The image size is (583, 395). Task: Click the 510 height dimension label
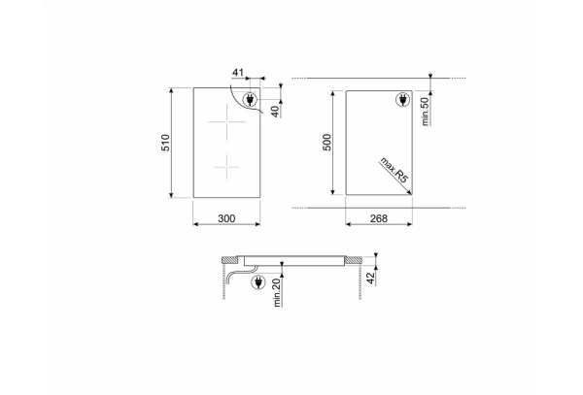click(165, 143)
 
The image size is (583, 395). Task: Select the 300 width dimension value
click(226, 218)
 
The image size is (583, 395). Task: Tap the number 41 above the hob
click(238, 72)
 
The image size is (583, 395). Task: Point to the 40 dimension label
click(275, 112)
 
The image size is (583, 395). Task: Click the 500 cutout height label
click(326, 143)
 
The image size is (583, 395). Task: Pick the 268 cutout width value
click(379, 218)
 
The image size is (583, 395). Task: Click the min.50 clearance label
click(426, 112)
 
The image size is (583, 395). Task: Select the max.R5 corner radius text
click(394, 170)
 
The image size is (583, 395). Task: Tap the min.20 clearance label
click(277, 292)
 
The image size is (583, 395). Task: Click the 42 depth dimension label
click(370, 279)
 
